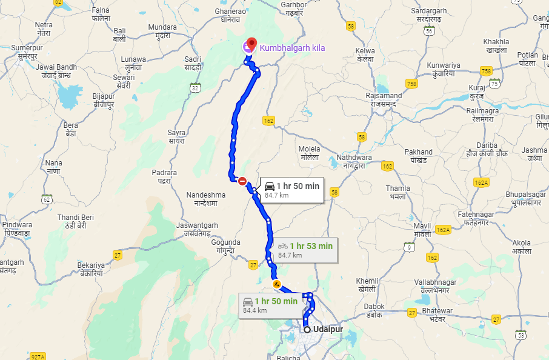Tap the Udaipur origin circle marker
click(x=307, y=329)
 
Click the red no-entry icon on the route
click(x=242, y=181)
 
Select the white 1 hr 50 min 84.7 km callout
click(x=291, y=190)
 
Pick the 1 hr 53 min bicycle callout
click(x=305, y=250)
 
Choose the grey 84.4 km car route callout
click(x=270, y=305)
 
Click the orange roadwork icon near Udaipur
click(x=277, y=283)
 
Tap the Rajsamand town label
click(x=384, y=99)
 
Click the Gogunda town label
click(x=225, y=246)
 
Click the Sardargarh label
click(x=428, y=15)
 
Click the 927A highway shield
click(x=38, y=357)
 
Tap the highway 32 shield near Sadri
click(x=195, y=88)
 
